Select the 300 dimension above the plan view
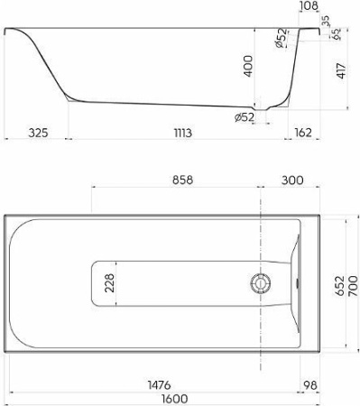pos(291,180)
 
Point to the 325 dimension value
pos(33,133)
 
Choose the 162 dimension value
pos(303,133)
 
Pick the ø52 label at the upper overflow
pos(281,39)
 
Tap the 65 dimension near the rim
pos(336,37)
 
